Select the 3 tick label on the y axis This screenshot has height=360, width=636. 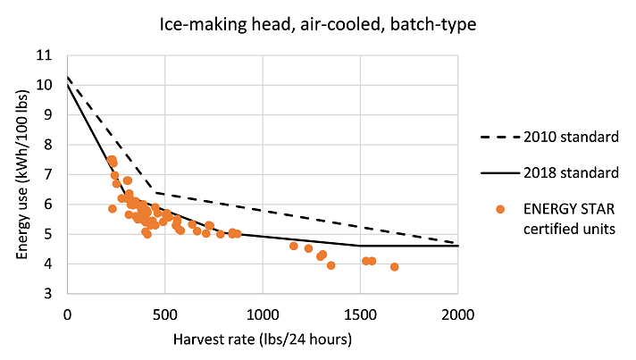pyautogui.click(x=48, y=294)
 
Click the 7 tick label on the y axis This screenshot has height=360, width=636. pyautogui.click(x=48, y=174)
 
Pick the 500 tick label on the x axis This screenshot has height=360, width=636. pyautogui.click(x=164, y=314)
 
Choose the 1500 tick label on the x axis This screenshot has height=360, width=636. pyautogui.click(x=360, y=314)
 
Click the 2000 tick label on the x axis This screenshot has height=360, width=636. pyautogui.click(x=457, y=314)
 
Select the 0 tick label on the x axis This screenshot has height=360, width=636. pyautogui.click(x=67, y=314)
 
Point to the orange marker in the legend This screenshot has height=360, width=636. pyautogui.click(x=501, y=209)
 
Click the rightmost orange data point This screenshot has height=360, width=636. pyautogui.click(x=394, y=266)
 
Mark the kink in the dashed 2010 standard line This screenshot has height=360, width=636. pyautogui.click(x=154, y=192)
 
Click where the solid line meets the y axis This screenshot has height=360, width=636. pyautogui.click(x=67, y=85)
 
